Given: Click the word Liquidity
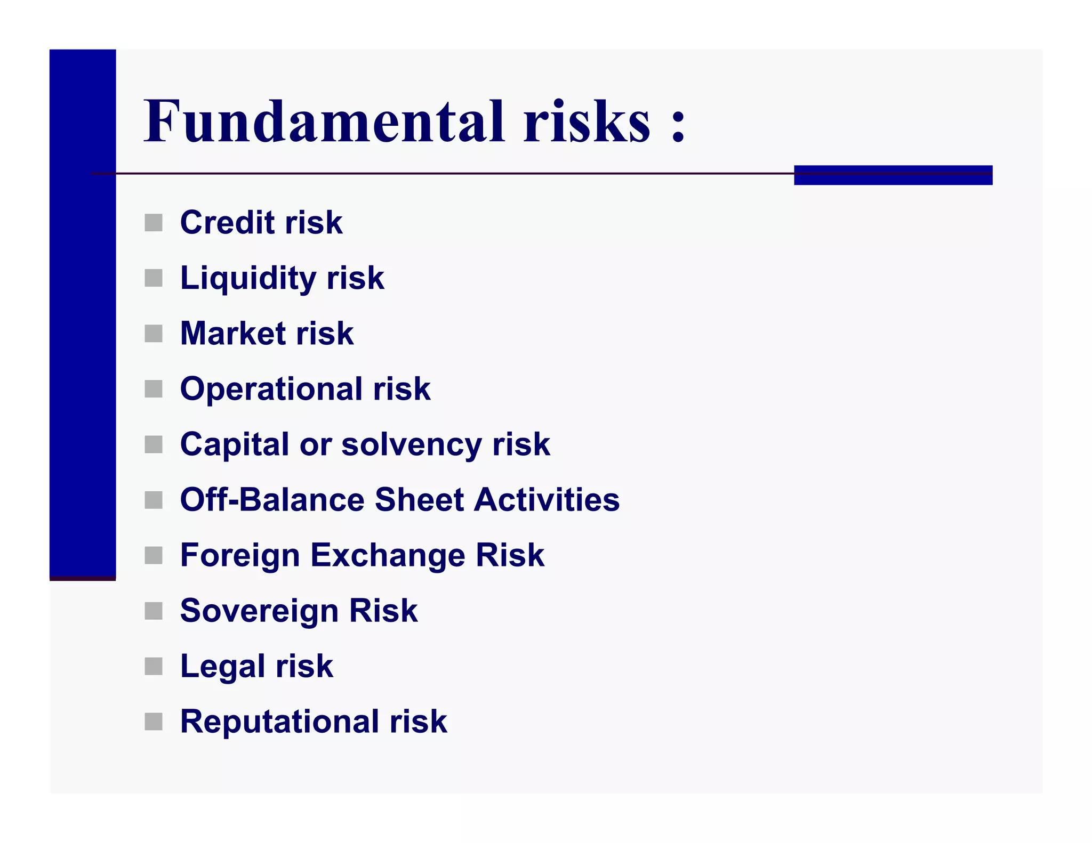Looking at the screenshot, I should (248, 278).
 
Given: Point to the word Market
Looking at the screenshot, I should (233, 334).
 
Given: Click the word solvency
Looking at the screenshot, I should (411, 444).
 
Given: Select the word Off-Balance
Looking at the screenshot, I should (272, 500).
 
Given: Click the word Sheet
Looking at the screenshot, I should (419, 500).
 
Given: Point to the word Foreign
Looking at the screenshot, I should (240, 555).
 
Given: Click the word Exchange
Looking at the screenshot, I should (388, 555).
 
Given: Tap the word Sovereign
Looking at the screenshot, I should (259, 611).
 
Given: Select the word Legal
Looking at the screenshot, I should (222, 666).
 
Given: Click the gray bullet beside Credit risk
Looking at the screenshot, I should (154, 223).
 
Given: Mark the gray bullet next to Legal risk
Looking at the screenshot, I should (154, 666).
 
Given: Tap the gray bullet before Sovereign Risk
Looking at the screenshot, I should (154, 611).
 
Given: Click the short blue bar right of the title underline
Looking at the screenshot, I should (893, 175).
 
